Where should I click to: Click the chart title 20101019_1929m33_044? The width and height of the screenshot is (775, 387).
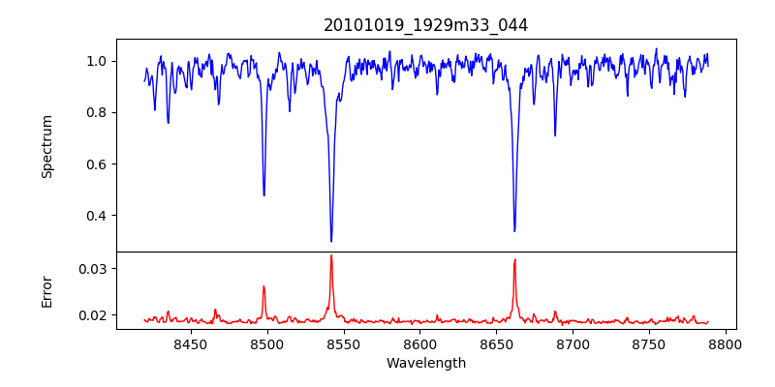[x=425, y=25]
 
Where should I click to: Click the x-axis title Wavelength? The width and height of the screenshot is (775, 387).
[x=425, y=363]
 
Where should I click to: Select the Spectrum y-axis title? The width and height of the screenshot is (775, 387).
[x=46, y=146]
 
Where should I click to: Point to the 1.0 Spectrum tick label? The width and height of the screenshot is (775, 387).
[x=98, y=61]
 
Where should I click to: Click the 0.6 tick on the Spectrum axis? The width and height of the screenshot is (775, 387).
[x=98, y=164]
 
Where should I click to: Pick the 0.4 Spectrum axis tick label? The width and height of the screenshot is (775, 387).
[x=98, y=215]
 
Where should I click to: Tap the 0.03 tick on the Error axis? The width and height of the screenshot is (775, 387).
[x=94, y=268]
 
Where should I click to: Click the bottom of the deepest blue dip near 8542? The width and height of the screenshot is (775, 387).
[x=331, y=241]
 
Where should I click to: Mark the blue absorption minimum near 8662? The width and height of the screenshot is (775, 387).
[x=514, y=230]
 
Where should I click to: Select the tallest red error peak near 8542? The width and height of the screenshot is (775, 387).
[x=331, y=255]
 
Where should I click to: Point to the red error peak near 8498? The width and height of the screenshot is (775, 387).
[x=263, y=286]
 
